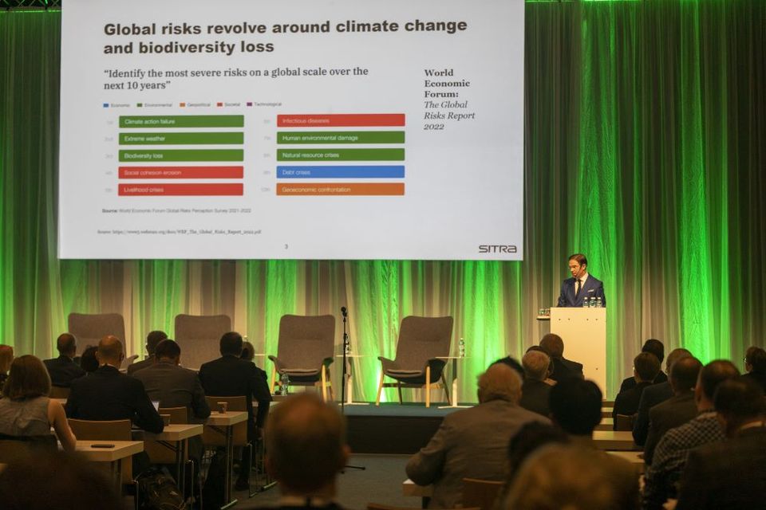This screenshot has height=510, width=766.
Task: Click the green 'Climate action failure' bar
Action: [x=181, y=121]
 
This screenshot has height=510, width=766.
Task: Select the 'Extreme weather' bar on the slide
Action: [x=181, y=139]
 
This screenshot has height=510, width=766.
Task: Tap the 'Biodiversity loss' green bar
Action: [x=181, y=155]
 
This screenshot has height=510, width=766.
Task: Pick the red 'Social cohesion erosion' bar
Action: [x=181, y=172]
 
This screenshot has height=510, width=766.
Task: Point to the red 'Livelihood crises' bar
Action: [x=181, y=190]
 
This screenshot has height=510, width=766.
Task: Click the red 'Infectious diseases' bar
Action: [x=341, y=120]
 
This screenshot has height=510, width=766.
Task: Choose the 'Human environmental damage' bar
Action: [x=341, y=137]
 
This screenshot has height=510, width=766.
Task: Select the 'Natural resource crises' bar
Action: [x=341, y=155]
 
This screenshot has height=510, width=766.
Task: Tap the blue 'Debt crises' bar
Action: [x=341, y=171]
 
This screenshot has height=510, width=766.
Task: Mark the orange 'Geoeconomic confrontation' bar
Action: [x=341, y=189]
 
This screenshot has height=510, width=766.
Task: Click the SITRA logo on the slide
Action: [x=497, y=249]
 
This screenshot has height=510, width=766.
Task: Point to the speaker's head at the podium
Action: [x=578, y=265]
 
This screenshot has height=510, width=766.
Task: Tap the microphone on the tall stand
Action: [x=344, y=312]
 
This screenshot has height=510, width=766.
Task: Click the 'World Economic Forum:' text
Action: [x=447, y=83]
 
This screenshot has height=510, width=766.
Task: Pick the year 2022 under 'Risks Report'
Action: [x=434, y=126]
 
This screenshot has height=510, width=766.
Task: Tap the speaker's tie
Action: [x=578, y=286]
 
